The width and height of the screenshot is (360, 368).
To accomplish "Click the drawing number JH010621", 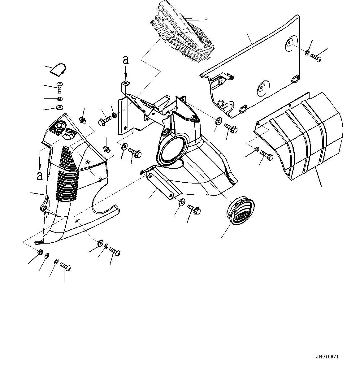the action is coord(327,357).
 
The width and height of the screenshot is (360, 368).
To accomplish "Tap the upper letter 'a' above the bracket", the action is coord(126,60).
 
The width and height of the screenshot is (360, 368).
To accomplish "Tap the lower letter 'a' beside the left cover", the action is coord(40,176).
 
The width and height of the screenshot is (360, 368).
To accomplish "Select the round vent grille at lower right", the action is coord(240,211).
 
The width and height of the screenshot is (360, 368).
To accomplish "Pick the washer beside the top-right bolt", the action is coord(307,53).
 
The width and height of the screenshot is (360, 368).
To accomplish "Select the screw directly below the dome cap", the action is coord(60,87).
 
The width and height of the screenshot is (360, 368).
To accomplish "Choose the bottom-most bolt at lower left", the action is coord(66,267).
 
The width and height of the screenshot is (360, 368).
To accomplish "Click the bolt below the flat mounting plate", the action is coord(194,209).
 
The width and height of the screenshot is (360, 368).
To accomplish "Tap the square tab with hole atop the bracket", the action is coord(126,83).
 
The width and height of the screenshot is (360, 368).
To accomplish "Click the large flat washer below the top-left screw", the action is coord(60,108).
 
